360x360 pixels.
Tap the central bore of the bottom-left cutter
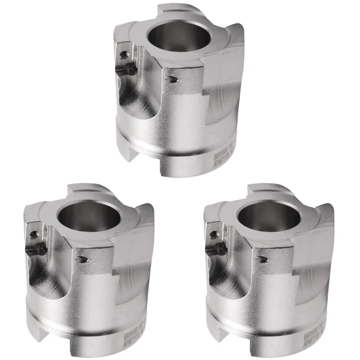click(x=84, y=216)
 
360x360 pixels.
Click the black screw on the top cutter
click(x=131, y=69)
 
